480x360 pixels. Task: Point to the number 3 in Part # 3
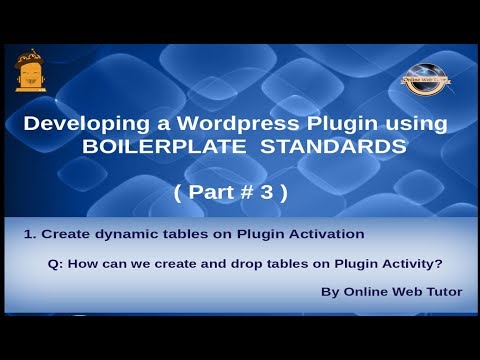[x=267, y=194]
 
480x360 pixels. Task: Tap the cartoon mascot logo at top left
[x=31, y=71]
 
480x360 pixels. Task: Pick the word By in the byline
[x=329, y=293]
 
